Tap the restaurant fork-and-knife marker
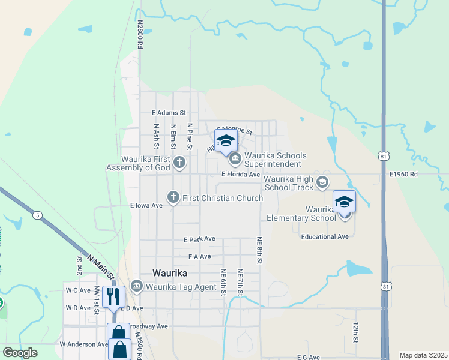tap(113, 296)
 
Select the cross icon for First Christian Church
tap(173, 197)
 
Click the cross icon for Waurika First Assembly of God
tap(179, 162)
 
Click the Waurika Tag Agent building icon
tap(136, 286)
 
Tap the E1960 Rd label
tap(402, 175)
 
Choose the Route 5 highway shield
tap(38, 215)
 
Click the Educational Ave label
tap(325, 236)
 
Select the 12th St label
tap(355, 332)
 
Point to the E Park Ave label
tap(199, 239)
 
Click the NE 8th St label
tap(260, 248)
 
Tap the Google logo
tap(20, 352)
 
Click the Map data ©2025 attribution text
tap(423, 355)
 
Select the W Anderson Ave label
tap(83, 344)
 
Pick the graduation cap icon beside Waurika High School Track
tap(323, 182)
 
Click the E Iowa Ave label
tap(146, 205)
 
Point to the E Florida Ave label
tap(240, 175)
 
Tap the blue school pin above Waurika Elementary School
tap(345, 202)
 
